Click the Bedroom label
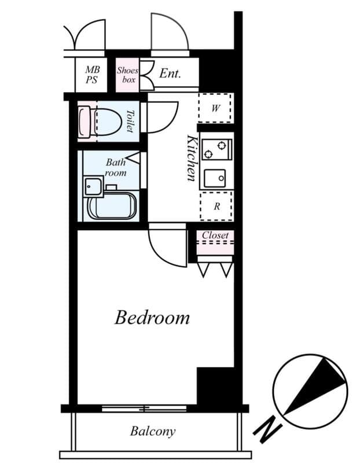click(x=152, y=317)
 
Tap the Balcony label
click(x=152, y=431)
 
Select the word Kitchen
click(x=192, y=158)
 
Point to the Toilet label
click(x=130, y=122)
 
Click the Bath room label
click(x=115, y=167)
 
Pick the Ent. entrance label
click(x=170, y=74)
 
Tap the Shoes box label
click(x=127, y=75)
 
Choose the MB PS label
click(x=92, y=75)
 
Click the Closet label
click(x=215, y=236)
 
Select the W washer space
click(x=215, y=108)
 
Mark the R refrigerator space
click(x=216, y=206)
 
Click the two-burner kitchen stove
click(x=216, y=149)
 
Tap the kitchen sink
click(x=215, y=178)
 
